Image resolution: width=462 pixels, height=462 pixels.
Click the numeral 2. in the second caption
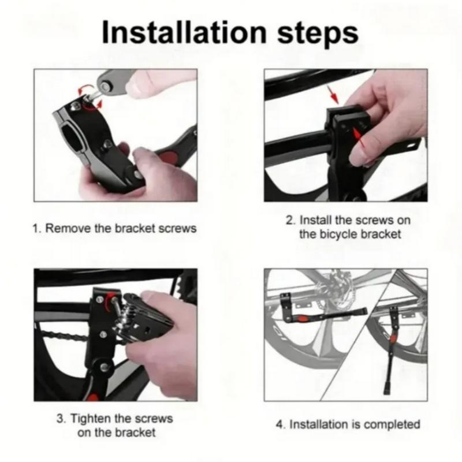coord(290,220)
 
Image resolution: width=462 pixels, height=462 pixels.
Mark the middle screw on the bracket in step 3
coord(104,333)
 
